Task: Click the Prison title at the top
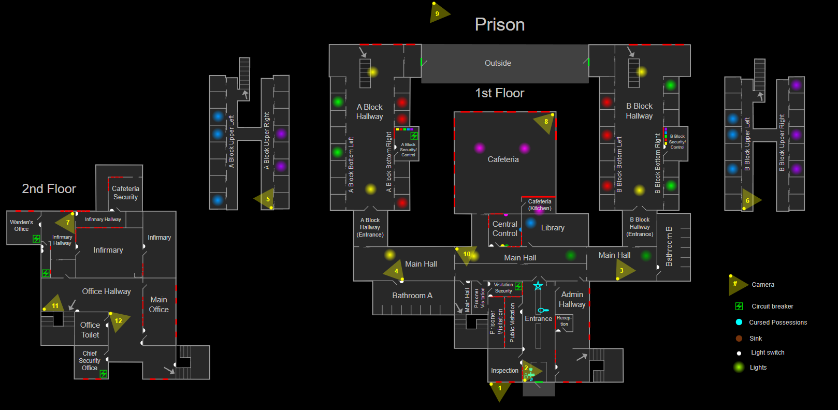(499, 25)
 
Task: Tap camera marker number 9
(438, 13)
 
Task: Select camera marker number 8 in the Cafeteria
(545, 122)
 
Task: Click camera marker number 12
(118, 321)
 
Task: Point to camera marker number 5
(266, 199)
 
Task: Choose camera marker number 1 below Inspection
(499, 389)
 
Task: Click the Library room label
(553, 228)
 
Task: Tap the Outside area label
(498, 63)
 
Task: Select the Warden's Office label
(22, 226)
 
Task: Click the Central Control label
(505, 229)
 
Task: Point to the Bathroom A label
(412, 296)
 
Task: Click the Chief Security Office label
(90, 361)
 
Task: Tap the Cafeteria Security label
(125, 193)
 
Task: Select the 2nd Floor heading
(49, 189)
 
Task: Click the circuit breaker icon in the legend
(739, 306)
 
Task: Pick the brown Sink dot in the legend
(739, 339)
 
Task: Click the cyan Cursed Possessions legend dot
(739, 322)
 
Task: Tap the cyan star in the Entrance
(538, 286)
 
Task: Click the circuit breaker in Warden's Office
(36, 239)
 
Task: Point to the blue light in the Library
(530, 223)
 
